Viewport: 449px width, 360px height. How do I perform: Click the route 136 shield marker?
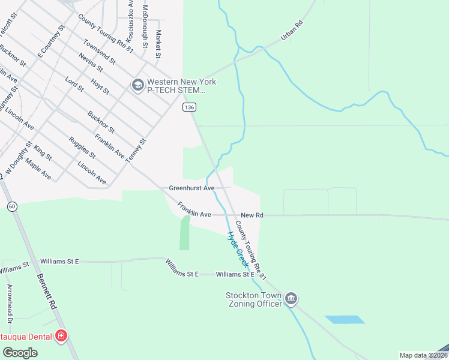click(189, 107)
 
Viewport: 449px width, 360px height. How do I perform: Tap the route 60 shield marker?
click(11, 206)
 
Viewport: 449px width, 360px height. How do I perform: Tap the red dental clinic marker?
click(61, 335)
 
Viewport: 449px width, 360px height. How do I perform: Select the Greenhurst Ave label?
click(191, 188)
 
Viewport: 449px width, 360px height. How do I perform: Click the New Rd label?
click(252, 215)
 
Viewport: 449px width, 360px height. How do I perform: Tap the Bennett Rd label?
click(46, 292)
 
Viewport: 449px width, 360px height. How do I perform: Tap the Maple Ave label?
click(38, 169)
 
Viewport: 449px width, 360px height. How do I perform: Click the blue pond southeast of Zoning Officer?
click(345, 319)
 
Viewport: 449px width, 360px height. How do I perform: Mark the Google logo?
click(20, 353)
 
